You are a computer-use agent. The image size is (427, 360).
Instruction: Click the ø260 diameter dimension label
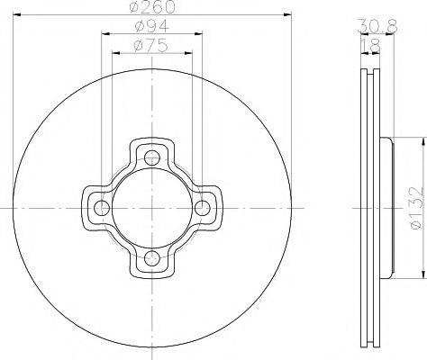coord(152,7)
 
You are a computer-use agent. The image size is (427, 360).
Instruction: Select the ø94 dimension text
coord(152,26)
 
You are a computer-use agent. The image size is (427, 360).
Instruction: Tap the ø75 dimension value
coord(150,46)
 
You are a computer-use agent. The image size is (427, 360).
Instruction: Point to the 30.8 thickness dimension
coord(377,26)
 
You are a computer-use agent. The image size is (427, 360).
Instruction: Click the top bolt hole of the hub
coord(152,157)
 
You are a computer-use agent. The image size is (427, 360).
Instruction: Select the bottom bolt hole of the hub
coord(152,258)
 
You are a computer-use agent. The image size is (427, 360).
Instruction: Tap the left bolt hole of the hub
coord(102,208)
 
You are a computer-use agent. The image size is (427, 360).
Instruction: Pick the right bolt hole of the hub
coord(203,208)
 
